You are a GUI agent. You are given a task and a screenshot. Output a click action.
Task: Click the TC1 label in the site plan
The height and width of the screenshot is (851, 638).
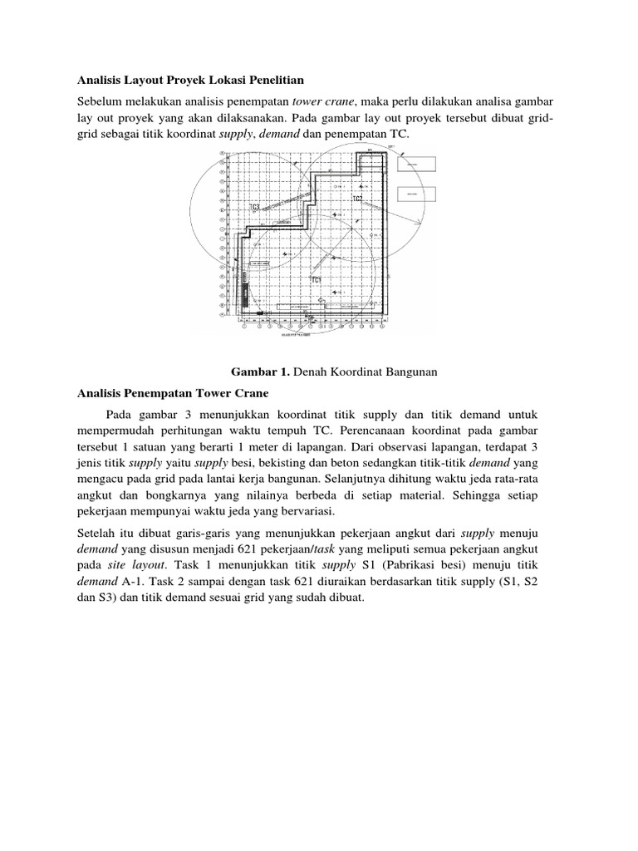coord(316,281)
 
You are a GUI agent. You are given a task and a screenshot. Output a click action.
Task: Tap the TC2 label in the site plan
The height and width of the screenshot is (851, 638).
coord(358,199)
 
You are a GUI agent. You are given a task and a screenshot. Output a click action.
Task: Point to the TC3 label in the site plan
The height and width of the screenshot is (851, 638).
coord(255,206)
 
